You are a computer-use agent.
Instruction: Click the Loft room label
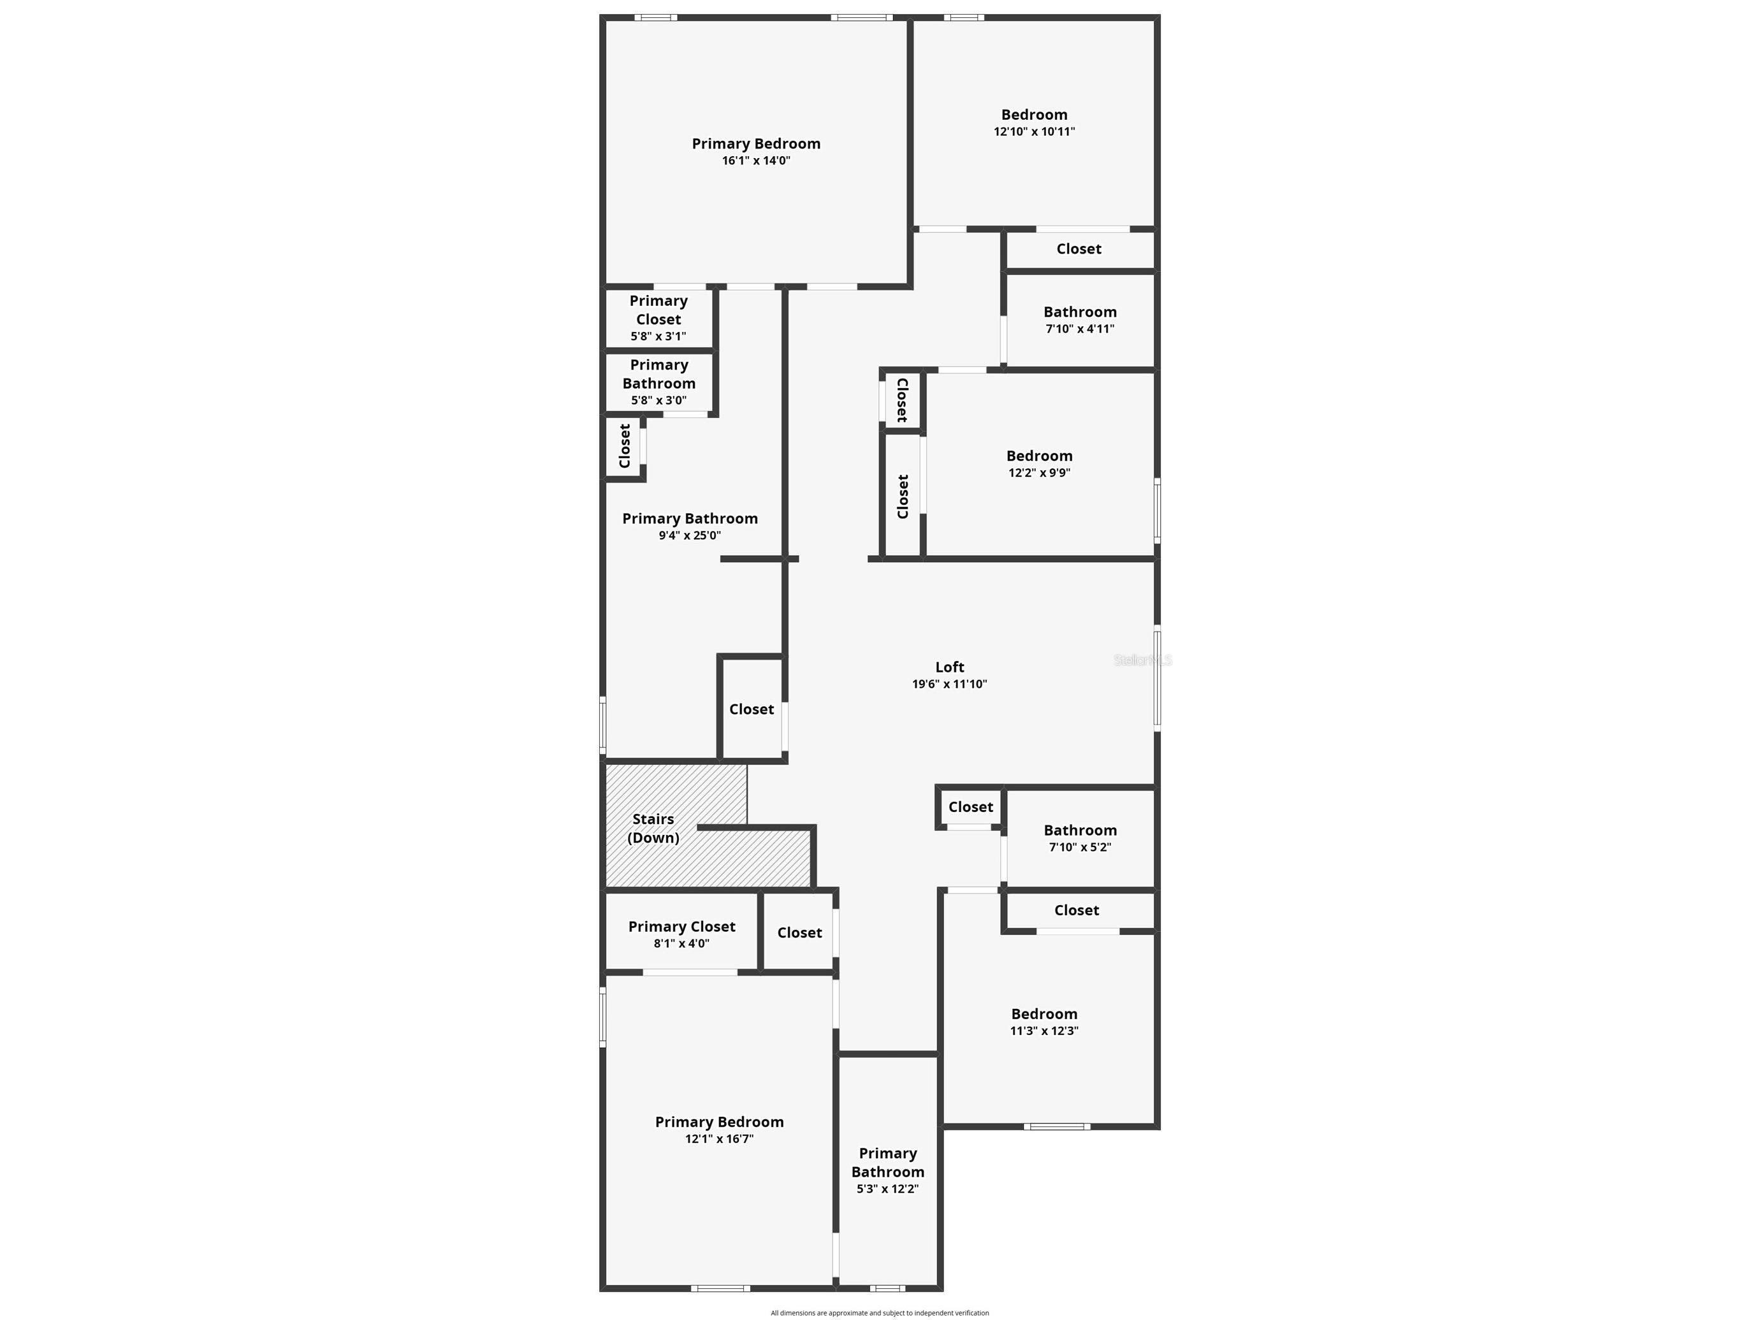pos(949,667)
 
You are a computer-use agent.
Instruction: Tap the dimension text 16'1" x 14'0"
pos(756,161)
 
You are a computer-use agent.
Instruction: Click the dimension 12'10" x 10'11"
pos(1033,132)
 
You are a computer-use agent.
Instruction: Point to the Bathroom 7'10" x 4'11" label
pos(1080,312)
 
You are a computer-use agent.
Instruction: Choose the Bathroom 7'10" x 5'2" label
pos(1080,830)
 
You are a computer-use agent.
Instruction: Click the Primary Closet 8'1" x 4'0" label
pos(682,926)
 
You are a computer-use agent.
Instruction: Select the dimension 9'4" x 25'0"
pos(690,535)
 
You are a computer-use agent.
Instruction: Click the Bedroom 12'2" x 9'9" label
pos(1039,456)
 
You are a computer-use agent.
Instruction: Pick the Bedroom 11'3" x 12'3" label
pos(1044,1013)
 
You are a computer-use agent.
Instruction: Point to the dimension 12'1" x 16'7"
pos(719,1138)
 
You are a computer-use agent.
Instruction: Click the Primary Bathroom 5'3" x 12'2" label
pos(887,1163)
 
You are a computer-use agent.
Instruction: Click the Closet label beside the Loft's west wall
pos(751,709)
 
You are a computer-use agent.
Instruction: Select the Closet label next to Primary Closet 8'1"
pos(799,932)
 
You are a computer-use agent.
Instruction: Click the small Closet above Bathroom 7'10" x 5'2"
pos(970,807)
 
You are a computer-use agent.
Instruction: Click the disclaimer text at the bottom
pos(879,1313)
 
